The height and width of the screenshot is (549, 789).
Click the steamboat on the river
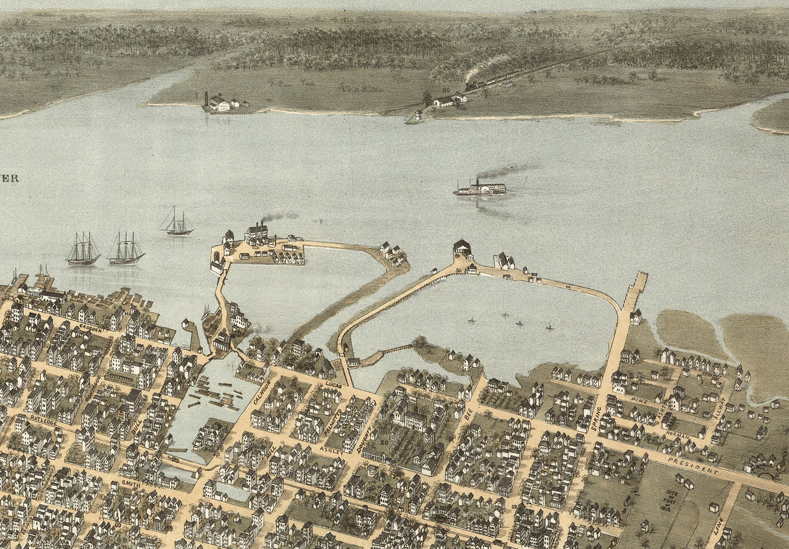[x=480, y=189]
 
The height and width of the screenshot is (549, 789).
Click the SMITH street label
[x=131, y=483]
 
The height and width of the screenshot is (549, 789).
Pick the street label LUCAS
[x=333, y=385]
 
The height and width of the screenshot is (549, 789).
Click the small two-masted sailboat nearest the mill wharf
[x=177, y=223]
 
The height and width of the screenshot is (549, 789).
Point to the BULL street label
[x=136, y=429]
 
